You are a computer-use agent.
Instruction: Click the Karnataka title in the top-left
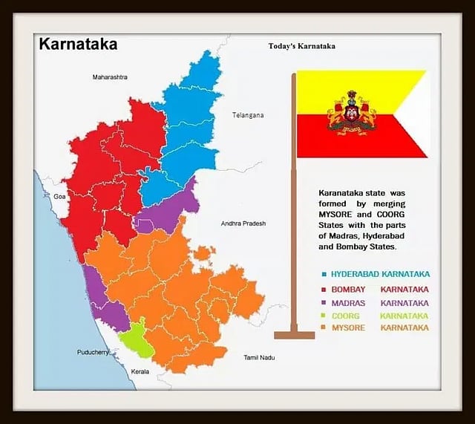point(77,44)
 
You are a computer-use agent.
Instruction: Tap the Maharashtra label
point(110,77)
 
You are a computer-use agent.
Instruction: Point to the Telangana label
point(248,115)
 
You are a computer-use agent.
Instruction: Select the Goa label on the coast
point(59,197)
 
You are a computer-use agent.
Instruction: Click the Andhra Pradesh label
point(243,224)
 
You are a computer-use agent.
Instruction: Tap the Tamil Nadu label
point(259,358)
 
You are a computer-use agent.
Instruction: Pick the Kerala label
point(140,371)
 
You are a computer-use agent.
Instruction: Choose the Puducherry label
point(94,352)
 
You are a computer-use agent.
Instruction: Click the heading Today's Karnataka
point(301,46)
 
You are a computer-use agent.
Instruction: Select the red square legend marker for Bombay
point(324,290)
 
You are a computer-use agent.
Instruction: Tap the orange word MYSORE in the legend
point(349,327)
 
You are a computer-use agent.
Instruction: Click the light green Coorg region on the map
point(137,339)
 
